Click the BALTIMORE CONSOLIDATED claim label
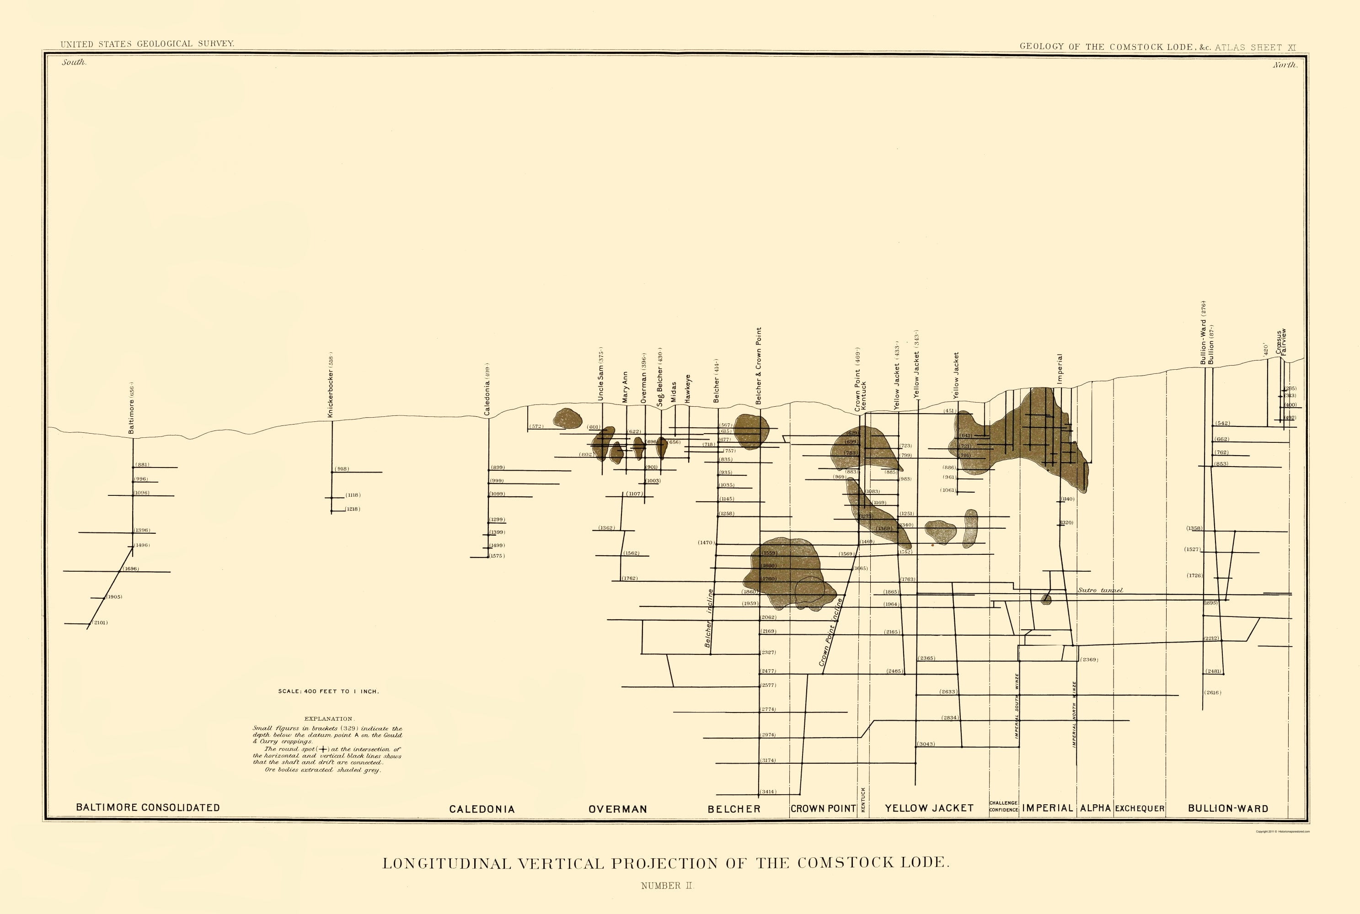(148, 808)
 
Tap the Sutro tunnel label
(1100, 590)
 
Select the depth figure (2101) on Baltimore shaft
(100, 622)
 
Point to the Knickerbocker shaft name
(330, 385)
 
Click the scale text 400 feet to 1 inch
(328, 691)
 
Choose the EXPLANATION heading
(328, 719)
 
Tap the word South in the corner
(74, 62)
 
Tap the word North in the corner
(1285, 65)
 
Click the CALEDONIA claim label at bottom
(482, 809)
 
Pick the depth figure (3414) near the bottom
(768, 792)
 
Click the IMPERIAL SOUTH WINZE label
(1017, 707)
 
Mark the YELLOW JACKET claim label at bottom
(929, 808)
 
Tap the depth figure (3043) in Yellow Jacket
(926, 744)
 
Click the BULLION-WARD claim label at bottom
(1228, 808)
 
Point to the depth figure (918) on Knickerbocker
(342, 469)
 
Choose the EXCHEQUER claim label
(1140, 808)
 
